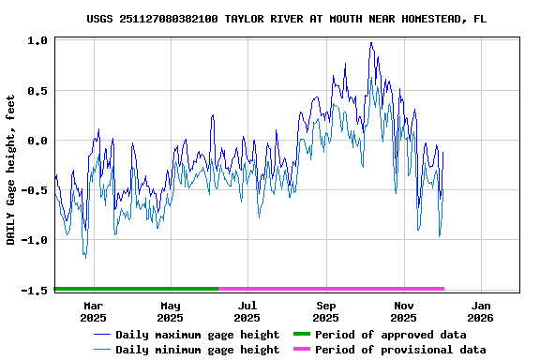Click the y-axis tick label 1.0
click(37, 41)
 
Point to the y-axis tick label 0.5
click(37, 91)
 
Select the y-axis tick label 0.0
click(37, 141)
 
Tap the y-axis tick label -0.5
click(35, 190)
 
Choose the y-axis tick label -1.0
click(35, 240)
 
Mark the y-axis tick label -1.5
click(35, 290)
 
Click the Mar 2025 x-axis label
click(93, 311)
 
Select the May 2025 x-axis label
click(171, 311)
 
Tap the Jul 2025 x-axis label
click(247, 311)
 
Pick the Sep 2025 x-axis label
click(326, 311)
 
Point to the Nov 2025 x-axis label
click(403, 311)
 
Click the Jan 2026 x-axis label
click(481, 311)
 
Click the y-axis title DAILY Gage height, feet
click(11, 170)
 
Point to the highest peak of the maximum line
click(371, 42)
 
